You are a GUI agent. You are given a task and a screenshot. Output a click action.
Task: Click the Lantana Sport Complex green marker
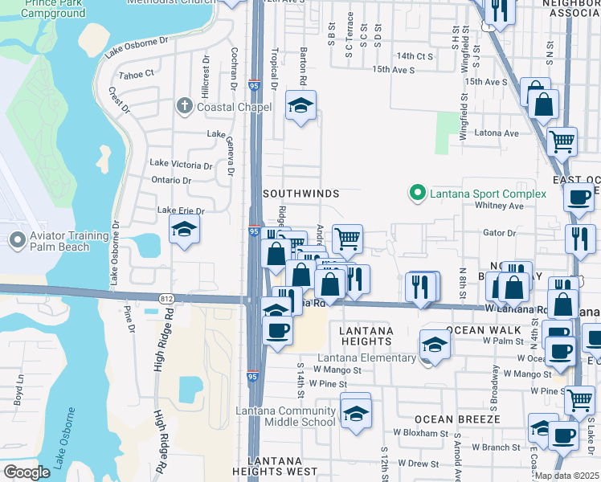(x=417, y=194)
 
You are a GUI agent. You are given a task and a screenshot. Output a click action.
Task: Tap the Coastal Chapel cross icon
(x=185, y=106)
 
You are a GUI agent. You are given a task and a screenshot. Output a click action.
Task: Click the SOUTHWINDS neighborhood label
(x=301, y=194)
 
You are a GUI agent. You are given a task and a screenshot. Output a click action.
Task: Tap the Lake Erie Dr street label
(x=181, y=210)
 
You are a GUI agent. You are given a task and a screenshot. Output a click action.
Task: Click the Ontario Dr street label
(x=171, y=180)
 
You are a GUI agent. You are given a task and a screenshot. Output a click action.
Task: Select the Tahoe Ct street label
(x=136, y=74)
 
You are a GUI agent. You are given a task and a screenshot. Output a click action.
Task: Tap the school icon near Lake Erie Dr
(x=184, y=230)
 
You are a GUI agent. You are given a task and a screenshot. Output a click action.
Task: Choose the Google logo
(x=28, y=472)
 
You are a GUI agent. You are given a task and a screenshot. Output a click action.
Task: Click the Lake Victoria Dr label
(x=182, y=164)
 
